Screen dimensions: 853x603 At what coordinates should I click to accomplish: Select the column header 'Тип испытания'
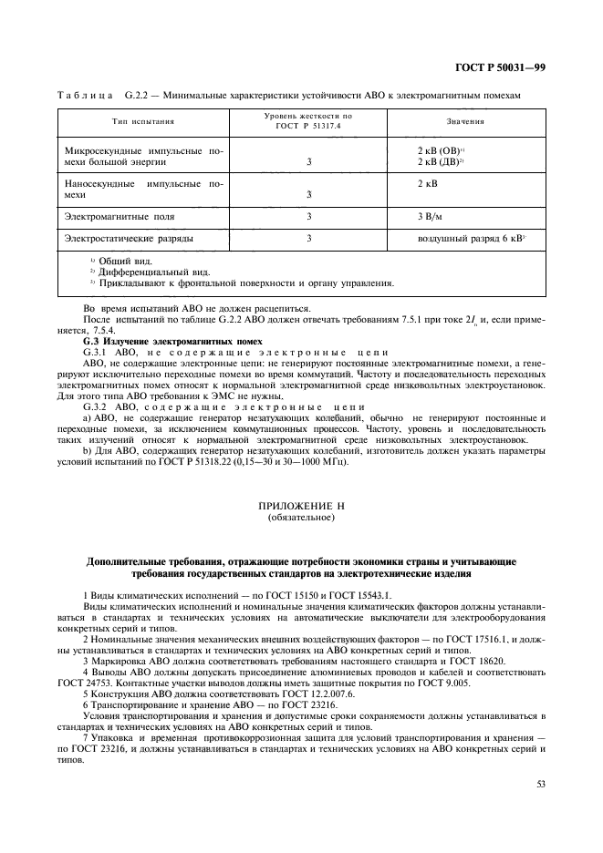pyautogui.click(x=143, y=121)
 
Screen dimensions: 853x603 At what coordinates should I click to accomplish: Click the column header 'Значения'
pyautogui.click(x=465, y=121)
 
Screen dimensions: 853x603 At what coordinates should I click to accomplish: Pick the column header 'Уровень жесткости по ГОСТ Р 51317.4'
pyautogui.click(x=308, y=121)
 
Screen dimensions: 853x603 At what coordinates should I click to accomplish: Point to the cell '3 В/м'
pyautogui.click(x=430, y=217)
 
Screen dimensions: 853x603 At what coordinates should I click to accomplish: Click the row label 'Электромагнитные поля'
pyautogui.click(x=119, y=217)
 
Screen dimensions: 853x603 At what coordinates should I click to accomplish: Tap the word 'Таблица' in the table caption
pyautogui.click(x=85, y=95)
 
